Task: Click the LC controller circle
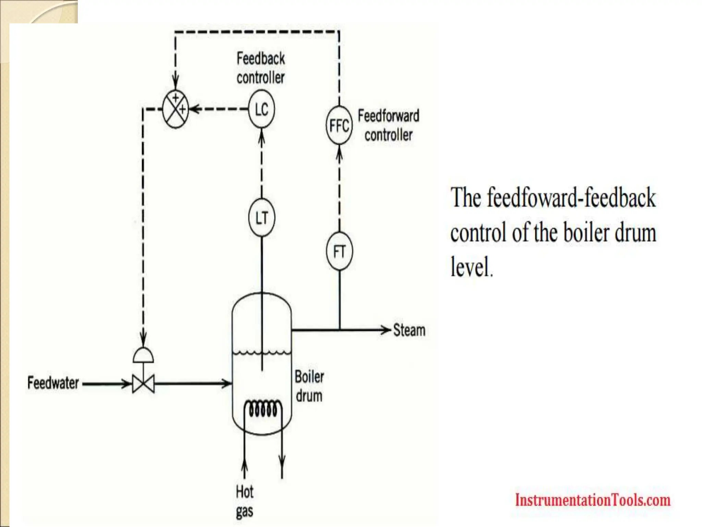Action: [x=262, y=109]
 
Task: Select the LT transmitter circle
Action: [x=262, y=218]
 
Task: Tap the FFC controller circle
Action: [x=339, y=125]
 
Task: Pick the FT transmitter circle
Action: [x=339, y=251]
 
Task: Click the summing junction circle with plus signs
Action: [x=175, y=109]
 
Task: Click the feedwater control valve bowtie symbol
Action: [x=143, y=384]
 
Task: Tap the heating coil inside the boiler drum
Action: [x=263, y=409]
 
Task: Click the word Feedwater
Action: [x=53, y=383]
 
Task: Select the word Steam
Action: [x=409, y=330]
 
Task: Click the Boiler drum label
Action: [x=309, y=386]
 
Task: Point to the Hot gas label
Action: [x=244, y=501]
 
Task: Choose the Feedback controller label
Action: [x=261, y=68]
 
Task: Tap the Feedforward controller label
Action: [x=388, y=125]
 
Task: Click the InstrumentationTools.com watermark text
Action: [x=593, y=500]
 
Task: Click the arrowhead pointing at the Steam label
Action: [x=387, y=330]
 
